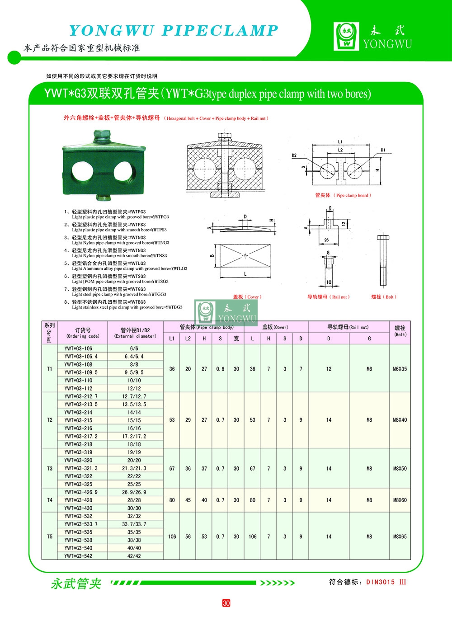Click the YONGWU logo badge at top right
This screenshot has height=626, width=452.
click(x=346, y=36)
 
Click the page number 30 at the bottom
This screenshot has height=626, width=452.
click(x=226, y=603)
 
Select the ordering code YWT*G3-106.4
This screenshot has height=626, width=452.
click(x=81, y=357)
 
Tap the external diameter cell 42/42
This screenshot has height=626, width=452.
click(x=134, y=556)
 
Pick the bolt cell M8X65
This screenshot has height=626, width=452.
click(x=400, y=537)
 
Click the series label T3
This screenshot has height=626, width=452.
click(x=50, y=468)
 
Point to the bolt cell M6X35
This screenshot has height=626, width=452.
click(x=400, y=369)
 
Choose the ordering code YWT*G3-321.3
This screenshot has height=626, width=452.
click(x=81, y=468)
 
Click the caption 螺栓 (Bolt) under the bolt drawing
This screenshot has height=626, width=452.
click(x=383, y=297)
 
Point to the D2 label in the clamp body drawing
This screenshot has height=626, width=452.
click(x=294, y=155)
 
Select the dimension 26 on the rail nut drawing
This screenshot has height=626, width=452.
click(x=326, y=240)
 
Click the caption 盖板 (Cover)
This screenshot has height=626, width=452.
click(x=247, y=297)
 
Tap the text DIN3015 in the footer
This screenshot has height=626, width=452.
click(x=381, y=582)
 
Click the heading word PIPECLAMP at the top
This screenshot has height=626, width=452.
click(x=220, y=30)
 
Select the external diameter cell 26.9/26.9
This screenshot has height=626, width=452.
click(x=134, y=492)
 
